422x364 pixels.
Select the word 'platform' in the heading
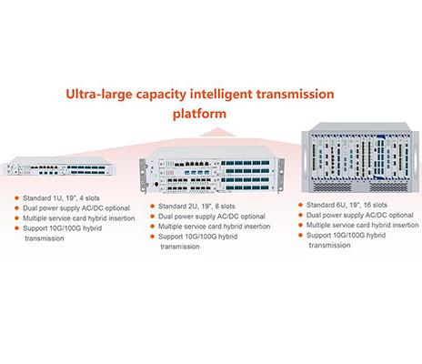coord(199,115)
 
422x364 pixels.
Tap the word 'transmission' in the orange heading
coord(295,94)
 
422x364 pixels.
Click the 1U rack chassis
coord(59,167)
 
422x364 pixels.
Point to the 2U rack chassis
coord(212,170)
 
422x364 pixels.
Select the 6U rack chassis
coord(360,157)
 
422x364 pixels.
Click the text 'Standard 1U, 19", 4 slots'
coord(61,198)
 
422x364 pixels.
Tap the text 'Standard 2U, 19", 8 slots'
coord(196,207)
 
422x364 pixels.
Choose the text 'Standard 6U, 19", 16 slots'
coord(347,205)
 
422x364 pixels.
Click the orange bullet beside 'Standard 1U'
coord(16,198)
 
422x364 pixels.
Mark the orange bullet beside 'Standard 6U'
coord(300,205)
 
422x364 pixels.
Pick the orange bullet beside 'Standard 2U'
coord(152,207)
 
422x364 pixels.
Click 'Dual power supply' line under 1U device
coord(76,208)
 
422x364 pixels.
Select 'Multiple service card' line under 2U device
coord(215,227)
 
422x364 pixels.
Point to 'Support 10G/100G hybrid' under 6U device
coord(346,235)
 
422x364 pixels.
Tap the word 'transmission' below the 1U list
coord(45,238)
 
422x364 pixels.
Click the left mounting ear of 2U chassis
coord(143,176)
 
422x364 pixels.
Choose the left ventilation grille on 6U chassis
coord(332,187)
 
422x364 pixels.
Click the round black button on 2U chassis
coord(156,184)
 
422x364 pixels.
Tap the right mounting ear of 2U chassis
coord(281,175)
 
